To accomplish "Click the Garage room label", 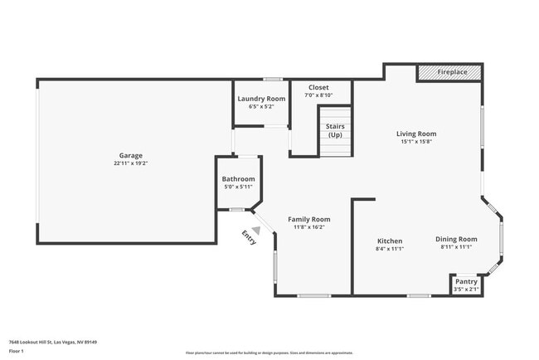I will click(130, 155).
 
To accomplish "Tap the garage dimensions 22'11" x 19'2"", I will click(130, 163).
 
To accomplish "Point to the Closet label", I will click(318, 87).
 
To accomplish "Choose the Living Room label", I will click(415, 134).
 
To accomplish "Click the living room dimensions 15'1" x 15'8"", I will click(415, 142).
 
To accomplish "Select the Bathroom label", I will click(238, 179).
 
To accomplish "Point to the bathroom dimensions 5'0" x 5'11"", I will click(238, 187).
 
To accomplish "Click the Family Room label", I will click(308, 219).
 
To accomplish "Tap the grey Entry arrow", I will click(256, 230).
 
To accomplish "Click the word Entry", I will click(249, 238).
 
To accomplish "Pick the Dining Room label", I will click(456, 239).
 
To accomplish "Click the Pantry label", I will click(467, 281).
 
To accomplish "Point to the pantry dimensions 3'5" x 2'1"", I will click(467, 289).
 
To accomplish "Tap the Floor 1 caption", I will click(17, 351).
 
